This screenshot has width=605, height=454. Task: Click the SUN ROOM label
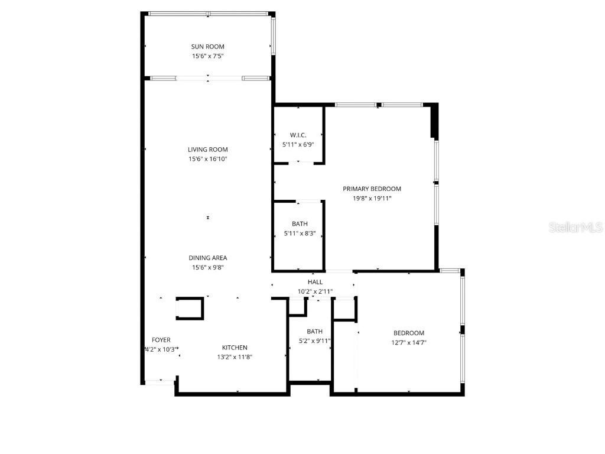pyautogui.click(x=207, y=47)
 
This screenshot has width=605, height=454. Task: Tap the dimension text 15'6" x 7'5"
pyautogui.click(x=207, y=56)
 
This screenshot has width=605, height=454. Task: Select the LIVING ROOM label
pyautogui.click(x=207, y=150)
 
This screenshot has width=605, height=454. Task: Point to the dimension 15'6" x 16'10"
pyautogui.click(x=207, y=159)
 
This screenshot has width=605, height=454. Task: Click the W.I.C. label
pyautogui.click(x=298, y=135)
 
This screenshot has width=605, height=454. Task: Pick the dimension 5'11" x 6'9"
pyautogui.click(x=298, y=144)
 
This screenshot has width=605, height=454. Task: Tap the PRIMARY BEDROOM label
pyautogui.click(x=372, y=189)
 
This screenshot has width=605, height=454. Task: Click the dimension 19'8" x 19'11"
pyautogui.click(x=372, y=199)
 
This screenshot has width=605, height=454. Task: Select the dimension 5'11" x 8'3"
pyautogui.click(x=300, y=234)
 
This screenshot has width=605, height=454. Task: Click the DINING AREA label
pyautogui.click(x=207, y=258)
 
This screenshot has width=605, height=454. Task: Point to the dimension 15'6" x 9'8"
pyautogui.click(x=207, y=267)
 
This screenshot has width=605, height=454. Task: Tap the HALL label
pyautogui.click(x=315, y=282)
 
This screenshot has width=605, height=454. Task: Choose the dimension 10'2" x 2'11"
pyautogui.click(x=315, y=291)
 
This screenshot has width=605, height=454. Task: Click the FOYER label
pyautogui.click(x=161, y=340)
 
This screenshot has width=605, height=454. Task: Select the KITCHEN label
pyautogui.click(x=235, y=348)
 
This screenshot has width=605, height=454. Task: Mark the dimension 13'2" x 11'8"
pyautogui.click(x=235, y=357)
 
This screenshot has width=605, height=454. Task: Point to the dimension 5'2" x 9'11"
pyautogui.click(x=314, y=340)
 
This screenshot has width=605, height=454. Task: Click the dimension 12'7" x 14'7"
pyautogui.click(x=408, y=342)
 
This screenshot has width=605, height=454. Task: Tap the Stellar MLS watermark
pyautogui.click(x=575, y=228)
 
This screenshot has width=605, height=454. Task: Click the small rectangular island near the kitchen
pyautogui.click(x=190, y=309)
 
